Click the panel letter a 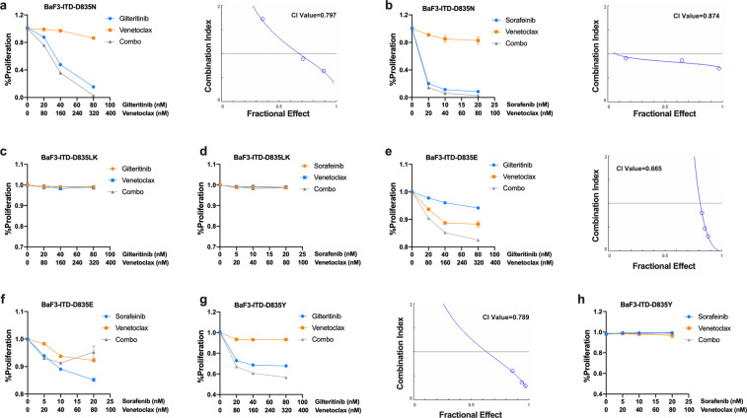[6, 6]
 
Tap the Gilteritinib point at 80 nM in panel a [94, 87]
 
